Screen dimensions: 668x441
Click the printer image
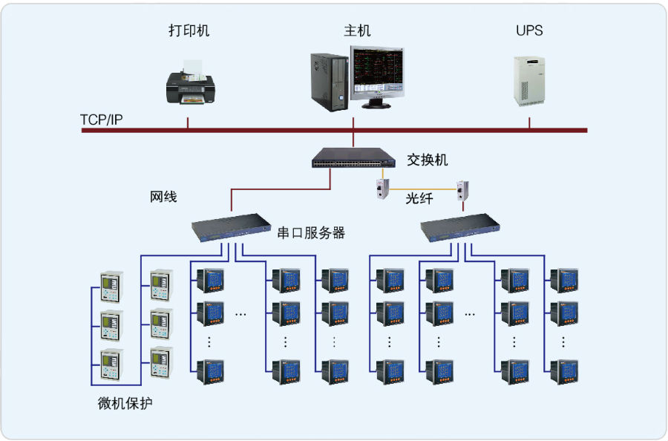click(x=191, y=82)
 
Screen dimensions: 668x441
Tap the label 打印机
click(x=189, y=30)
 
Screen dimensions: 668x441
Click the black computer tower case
click(x=330, y=82)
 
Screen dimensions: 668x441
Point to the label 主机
click(x=357, y=30)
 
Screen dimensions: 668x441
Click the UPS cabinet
click(x=529, y=81)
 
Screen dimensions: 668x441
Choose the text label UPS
click(x=529, y=30)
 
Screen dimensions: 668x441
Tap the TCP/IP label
click(x=102, y=120)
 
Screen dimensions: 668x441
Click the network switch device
click(x=353, y=158)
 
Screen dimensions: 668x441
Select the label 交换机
click(x=427, y=160)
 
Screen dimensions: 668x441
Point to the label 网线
click(x=163, y=197)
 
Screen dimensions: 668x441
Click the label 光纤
click(x=419, y=198)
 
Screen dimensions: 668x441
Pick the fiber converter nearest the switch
click(x=382, y=189)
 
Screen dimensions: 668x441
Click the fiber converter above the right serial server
click(x=462, y=191)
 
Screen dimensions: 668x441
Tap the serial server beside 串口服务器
click(x=231, y=227)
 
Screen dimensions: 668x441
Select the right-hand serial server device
click(x=460, y=227)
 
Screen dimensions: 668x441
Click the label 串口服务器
click(x=311, y=233)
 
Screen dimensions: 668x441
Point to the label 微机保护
click(x=125, y=403)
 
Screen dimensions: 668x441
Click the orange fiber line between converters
click(x=422, y=189)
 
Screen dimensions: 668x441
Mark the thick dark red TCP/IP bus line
click(x=335, y=131)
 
